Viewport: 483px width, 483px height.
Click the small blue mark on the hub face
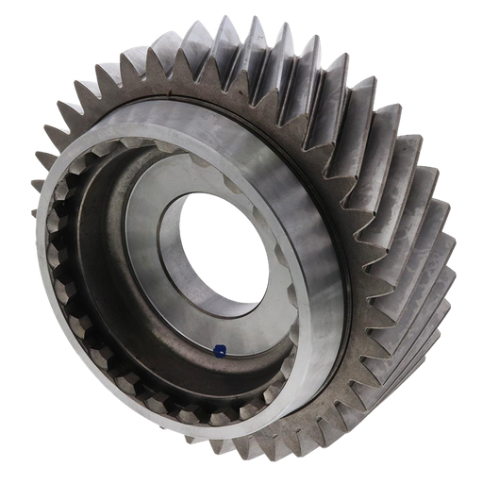[218, 351]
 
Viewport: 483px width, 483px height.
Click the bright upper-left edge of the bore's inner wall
[170, 222]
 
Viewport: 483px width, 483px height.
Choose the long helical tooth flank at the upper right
[377, 123]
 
